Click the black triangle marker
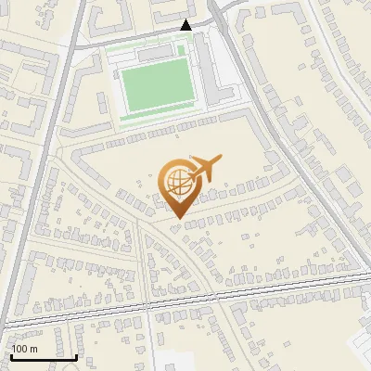coord(186,25)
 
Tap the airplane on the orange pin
coord(206,169)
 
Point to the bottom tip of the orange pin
coord(176,218)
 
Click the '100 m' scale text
coord(24,348)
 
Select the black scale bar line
coord(43,356)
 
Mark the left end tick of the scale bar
coord(10,354)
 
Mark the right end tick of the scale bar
coord(76,354)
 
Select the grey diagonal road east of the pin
coord(297,167)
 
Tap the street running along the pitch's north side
coord(139,42)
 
